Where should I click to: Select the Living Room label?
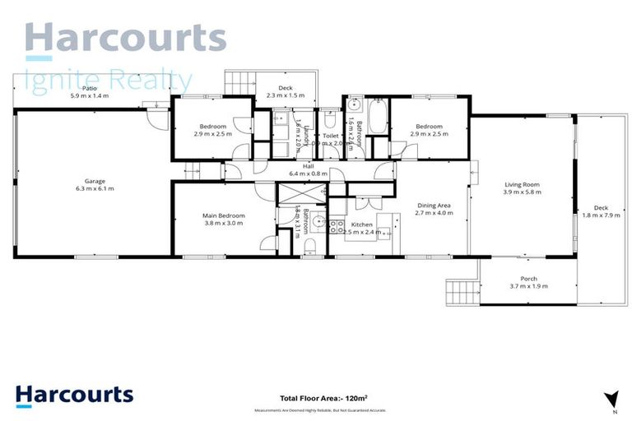tap(521, 184)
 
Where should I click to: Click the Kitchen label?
tap(363, 224)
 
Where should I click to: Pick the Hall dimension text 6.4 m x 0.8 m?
tap(308, 173)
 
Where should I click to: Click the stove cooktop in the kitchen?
tap(337, 226)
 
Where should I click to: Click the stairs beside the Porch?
tap(461, 292)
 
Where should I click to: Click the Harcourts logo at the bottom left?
tap(74, 395)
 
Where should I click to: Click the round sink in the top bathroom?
tap(354, 104)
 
